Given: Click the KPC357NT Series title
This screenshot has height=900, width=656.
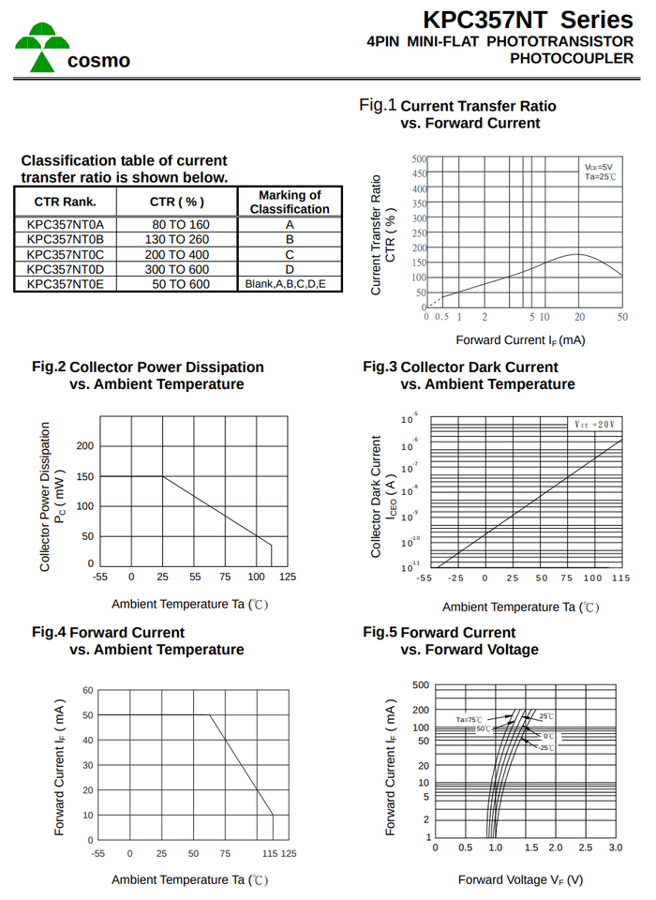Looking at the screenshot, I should (x=528, y=20).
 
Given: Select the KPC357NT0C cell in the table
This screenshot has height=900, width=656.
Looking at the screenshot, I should (x=66, y=254).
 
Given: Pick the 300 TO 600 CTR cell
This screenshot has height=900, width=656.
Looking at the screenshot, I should (x=181, y=269).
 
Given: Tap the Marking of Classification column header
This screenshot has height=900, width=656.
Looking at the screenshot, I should (x=290, y=202).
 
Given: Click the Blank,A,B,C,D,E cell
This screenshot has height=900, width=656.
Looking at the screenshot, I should (x=286, y=284).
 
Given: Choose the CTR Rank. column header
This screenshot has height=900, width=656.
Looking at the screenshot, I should (x=66, y=202).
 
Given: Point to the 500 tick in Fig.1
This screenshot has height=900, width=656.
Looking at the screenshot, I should (x=419, y=159).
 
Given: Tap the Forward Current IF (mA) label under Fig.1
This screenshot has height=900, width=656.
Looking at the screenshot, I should (x=520, y=339).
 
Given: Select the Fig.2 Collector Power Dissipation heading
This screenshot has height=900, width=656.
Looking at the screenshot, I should (x=148, y=367).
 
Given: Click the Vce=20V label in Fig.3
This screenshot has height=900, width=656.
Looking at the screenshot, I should (x=595, y=425).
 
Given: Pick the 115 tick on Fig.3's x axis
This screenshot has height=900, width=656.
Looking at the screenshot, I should (x=621, y=578).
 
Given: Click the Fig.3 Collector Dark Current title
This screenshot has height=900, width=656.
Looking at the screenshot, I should (x=460, y=367).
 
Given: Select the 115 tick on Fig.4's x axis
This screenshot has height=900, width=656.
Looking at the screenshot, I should (x=270, y=854).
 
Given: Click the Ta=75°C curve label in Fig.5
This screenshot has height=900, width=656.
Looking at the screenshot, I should (x=469, y=719).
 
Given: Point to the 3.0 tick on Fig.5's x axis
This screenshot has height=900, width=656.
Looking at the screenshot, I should (x=616, y=847).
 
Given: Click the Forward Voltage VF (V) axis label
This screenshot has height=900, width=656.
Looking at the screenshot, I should (x=520, y=879).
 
